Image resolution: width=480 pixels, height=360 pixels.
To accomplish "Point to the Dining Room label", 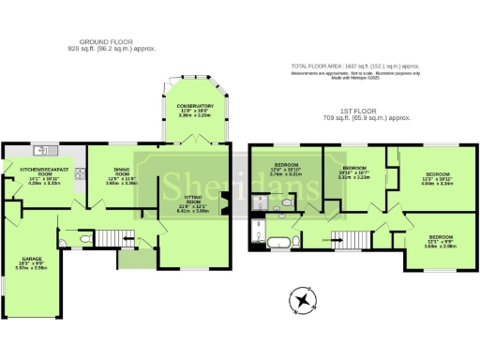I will (x=122, y=176).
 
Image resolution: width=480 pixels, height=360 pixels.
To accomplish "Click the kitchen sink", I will (x=40, y=150).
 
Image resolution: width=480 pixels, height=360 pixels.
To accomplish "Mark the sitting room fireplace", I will (x=224, y=199).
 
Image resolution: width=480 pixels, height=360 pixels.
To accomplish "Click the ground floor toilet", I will (x=85, y=240).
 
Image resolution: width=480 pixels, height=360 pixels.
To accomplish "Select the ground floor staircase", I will (x=112, y=235).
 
